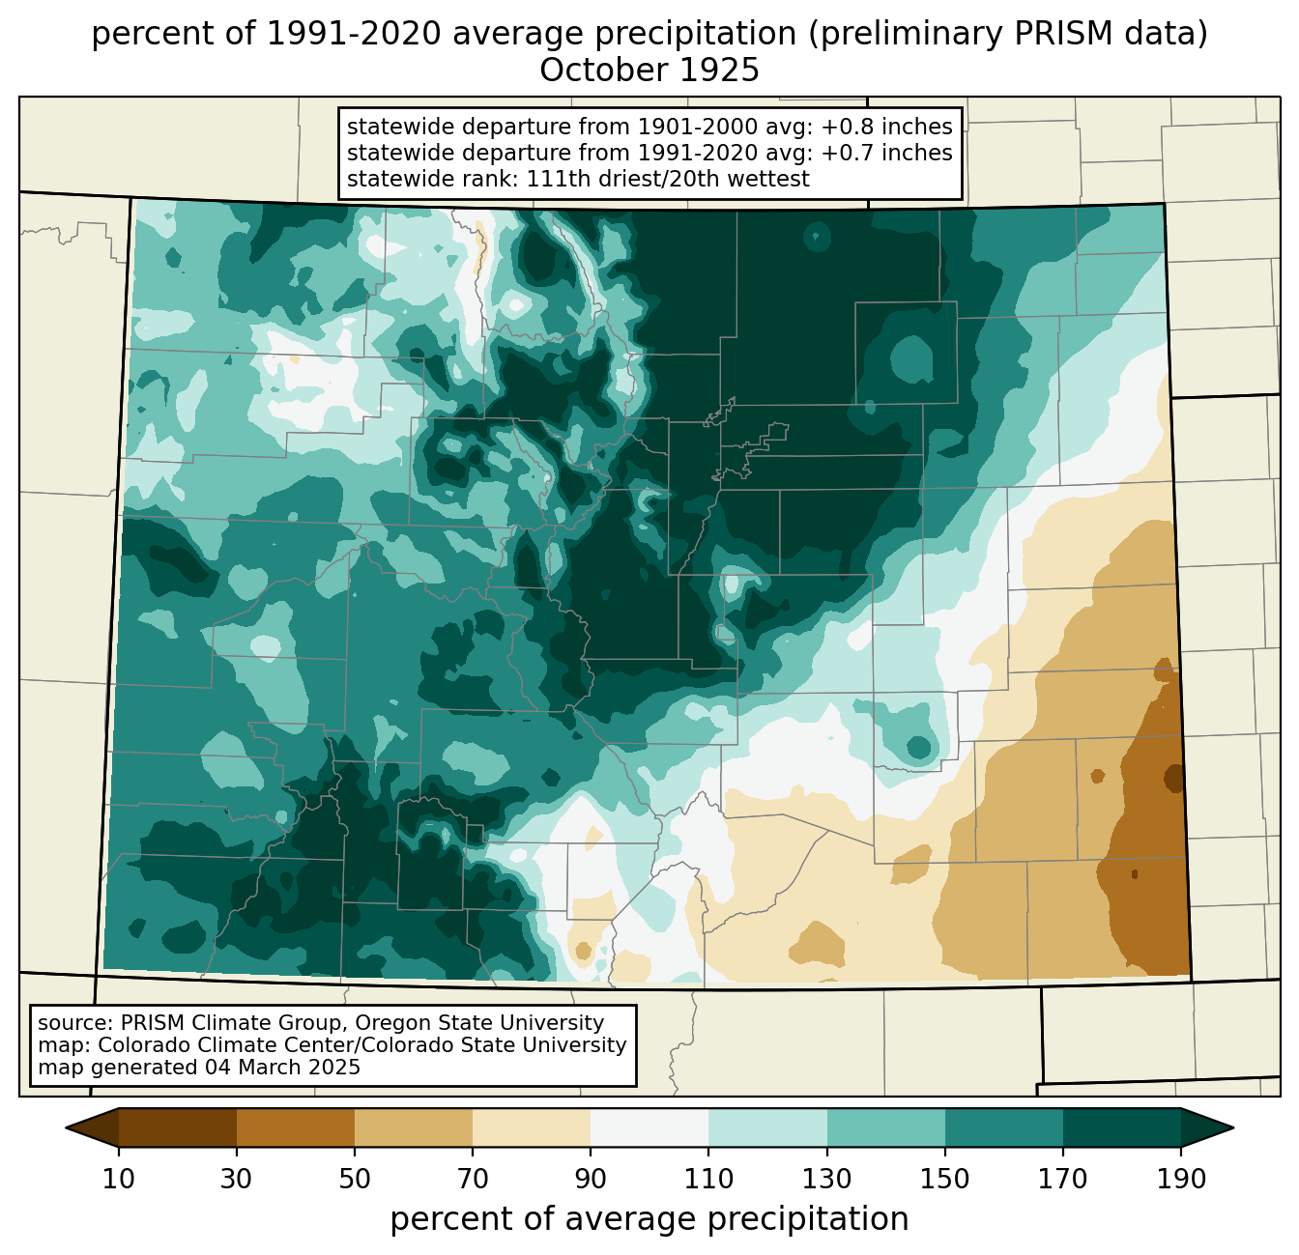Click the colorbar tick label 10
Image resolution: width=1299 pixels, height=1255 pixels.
tap(119, 1180)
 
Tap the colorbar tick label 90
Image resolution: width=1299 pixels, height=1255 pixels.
tap(591, 1180)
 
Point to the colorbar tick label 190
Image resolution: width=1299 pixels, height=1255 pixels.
tap(1181, 1180)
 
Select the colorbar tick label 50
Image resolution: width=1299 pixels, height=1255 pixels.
tap(355, 1180)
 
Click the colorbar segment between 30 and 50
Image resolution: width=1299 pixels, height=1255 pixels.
tap(296, 1128)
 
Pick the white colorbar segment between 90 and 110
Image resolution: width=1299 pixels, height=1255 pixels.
tap(649, 1128)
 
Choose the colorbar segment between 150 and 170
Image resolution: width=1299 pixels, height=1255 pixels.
tap(1004, 1128)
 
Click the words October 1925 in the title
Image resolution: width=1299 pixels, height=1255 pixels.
tap(649, 71)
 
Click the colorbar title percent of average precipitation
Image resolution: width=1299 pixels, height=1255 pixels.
tap(649, 1219)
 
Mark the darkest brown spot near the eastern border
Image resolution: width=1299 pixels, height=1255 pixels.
tap(1174, 778)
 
